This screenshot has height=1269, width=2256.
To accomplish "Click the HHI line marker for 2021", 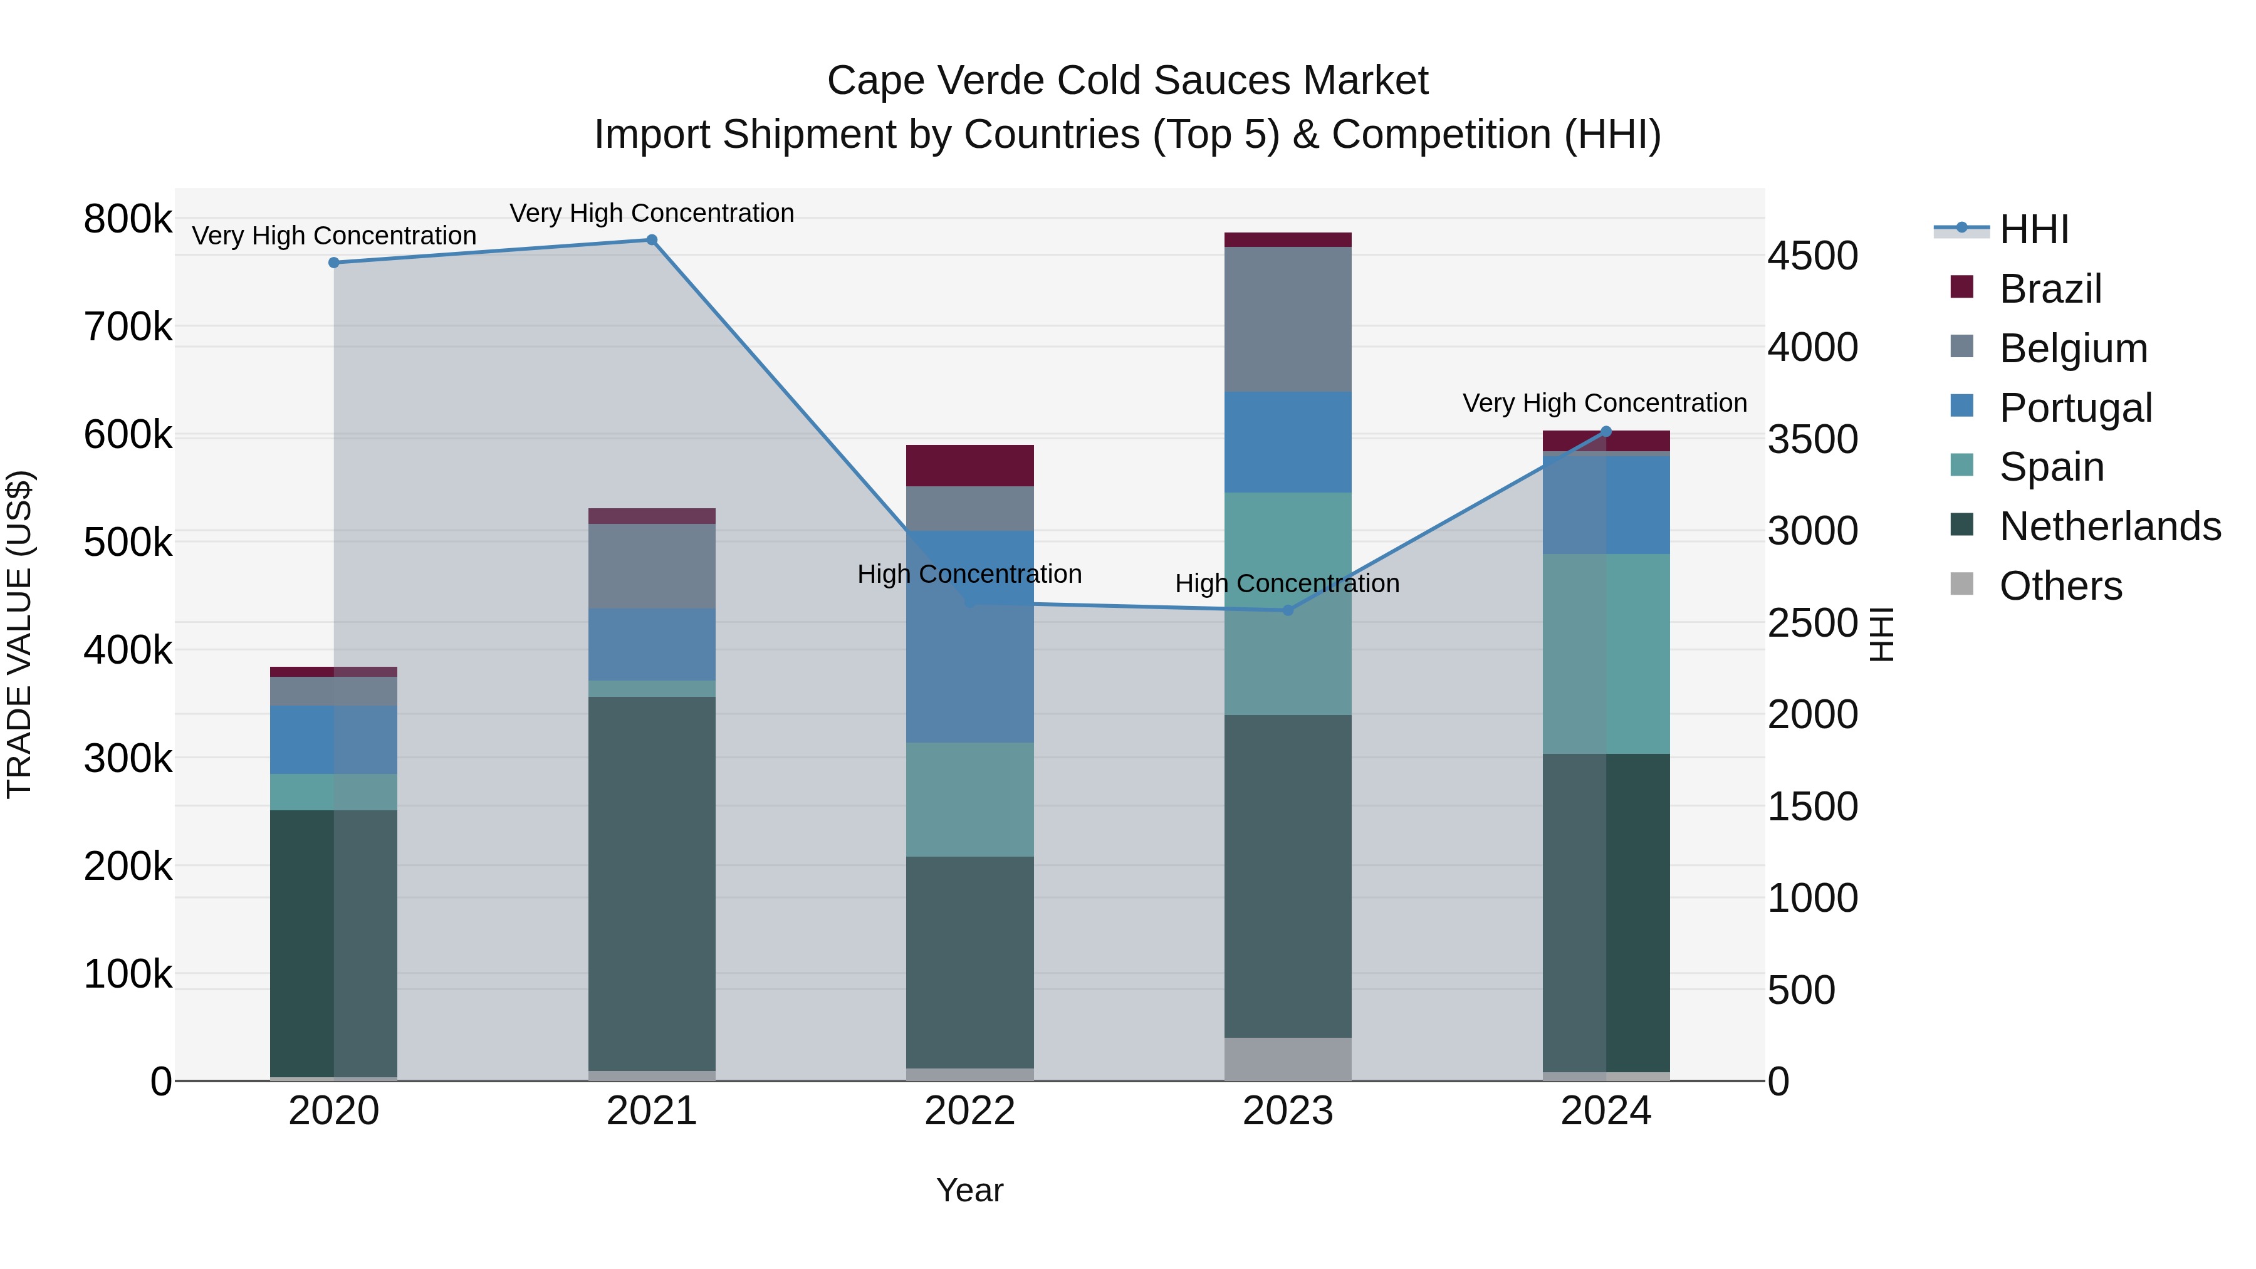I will [x=652, y=240].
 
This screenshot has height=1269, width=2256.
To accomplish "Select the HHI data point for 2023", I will [x=1287, y=610].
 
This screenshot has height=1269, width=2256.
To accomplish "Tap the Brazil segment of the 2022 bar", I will [x=969, y=465].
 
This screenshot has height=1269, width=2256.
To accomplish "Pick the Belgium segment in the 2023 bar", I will [x=1287, y=319].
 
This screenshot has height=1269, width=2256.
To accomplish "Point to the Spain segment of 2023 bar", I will [x=1287, y=603].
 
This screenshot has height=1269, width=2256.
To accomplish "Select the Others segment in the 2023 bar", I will [x=1287, y=1059].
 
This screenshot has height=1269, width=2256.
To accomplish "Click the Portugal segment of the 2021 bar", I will [x=652, y=645].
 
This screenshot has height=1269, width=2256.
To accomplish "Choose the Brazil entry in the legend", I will [x=2049, y=289].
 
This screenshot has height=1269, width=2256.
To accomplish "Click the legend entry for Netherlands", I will [x=2109, y=526].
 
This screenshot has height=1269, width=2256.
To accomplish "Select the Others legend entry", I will [x=2060, y=586].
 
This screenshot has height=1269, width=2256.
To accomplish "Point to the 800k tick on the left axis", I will [x=128, y=219].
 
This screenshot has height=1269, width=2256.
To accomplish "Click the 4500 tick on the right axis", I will [x=1812, y=256].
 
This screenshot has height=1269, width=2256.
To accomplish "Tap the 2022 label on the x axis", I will [x=969, y=1111].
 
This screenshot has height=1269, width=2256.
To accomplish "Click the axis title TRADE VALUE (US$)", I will [x=19, y=634].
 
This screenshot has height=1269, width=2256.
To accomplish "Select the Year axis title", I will [x=969, y=1190].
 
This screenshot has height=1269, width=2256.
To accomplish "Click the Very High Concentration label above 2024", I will [x=1604, y=403].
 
